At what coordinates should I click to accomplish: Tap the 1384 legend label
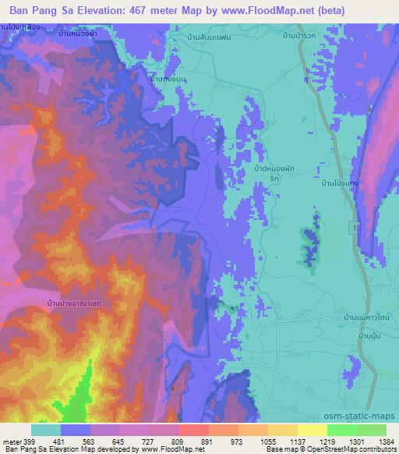point(386,441)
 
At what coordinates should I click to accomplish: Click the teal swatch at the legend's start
point(46,430)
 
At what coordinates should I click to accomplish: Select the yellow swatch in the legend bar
point(312,430)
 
